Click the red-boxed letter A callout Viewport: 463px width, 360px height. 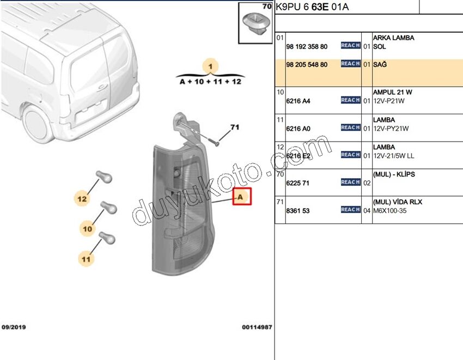tap(242, 196)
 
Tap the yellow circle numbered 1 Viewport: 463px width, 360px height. tap(211, 66)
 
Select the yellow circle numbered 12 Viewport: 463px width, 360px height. tap(82, 199)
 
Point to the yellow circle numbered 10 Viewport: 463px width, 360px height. tap(88, 229)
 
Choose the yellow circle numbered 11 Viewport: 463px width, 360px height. tap(86, 259)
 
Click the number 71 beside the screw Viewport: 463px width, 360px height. tap(235, 128)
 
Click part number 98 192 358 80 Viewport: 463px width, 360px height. tap(307, 47)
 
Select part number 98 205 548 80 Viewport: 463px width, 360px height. tap(307, 65)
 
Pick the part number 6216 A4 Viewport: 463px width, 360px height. tap(298, 101)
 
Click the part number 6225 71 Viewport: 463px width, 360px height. tap(298, 183)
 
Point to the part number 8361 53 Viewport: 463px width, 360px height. tap(298, 211)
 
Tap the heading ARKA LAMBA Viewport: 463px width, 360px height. tap(393, 38)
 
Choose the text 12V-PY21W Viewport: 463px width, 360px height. tap(391, 129)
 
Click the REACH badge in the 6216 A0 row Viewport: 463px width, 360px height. tap(350, 127)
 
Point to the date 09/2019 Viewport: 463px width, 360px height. tap(14, 327)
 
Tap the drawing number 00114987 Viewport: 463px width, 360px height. tap(257, 327)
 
